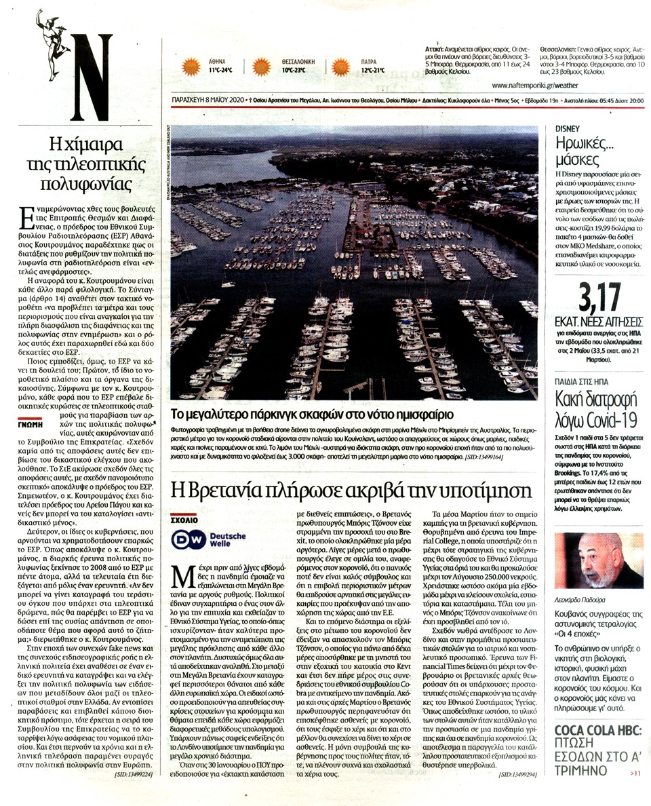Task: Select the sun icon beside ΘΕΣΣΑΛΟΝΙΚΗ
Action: [x=262, y=66]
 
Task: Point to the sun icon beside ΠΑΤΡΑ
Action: [x=340, y=66]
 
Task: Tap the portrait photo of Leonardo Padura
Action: [x=599, y=560]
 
